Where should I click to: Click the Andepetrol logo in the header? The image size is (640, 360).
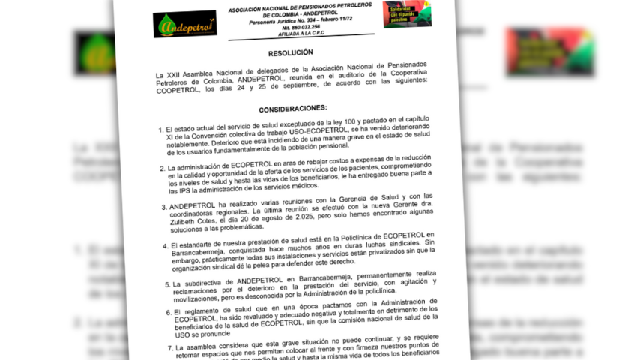pyautogui.click(x=184, y=24)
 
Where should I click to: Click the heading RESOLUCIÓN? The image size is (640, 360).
pyautogui.click(x=290, y=53)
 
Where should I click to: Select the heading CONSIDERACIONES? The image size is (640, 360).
pyautogui.click(x=293, y=109)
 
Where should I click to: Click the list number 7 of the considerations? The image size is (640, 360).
pyautogui.click(x=166, y=348)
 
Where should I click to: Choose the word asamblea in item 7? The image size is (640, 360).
pyautogui.click(x=201, y=347)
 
